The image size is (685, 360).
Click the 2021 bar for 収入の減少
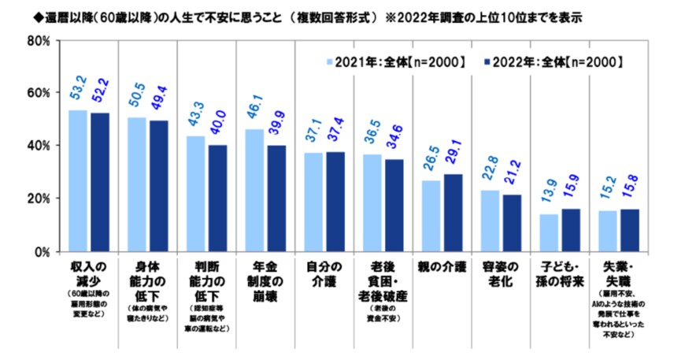click(78, 181)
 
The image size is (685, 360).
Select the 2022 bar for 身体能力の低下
click(159, 186)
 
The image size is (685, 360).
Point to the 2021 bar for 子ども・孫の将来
click(550, 233)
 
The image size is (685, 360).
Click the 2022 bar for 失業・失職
click(630, 230)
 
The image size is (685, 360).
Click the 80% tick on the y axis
click(39, 40)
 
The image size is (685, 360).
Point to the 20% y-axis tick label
click(39, 199)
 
